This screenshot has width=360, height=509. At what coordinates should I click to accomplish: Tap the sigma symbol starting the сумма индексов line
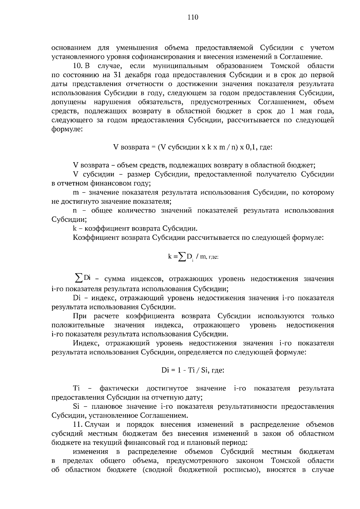pyautogui.click(x=78, y=278)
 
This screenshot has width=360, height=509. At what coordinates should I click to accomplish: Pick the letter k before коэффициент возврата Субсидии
pyautogui.click(x=75, y=229)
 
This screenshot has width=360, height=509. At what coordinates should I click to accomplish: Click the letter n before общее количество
pyautogui.click(x=75, y=211)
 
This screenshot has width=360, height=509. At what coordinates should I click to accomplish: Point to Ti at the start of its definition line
pyautogui.click(x=76, y=388)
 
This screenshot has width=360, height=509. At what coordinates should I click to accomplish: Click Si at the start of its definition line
pyautogui.click(x=76, y=406)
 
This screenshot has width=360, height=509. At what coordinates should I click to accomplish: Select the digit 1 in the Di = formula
pyautogui.click(x=179, y=370)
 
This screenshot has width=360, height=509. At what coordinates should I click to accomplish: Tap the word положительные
pyautogui.click(x=78, y=325)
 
